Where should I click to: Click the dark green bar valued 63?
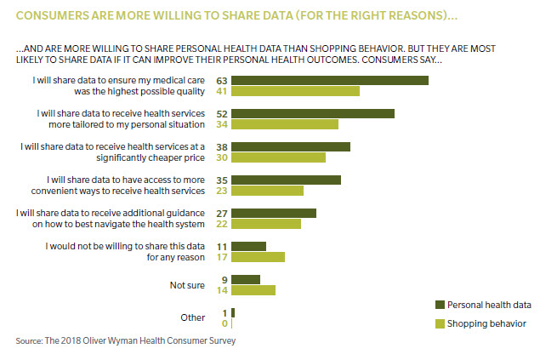point(329,80)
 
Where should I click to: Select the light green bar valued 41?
point(295,91)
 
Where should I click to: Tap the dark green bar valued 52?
point(312,113)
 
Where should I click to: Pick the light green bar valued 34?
point(284,124)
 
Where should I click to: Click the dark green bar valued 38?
point(290,146)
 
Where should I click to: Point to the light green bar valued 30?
point(278,157)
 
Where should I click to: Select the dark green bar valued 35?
point(286,180)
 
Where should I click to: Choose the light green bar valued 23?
point(267,191)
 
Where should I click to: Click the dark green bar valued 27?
point(273,213)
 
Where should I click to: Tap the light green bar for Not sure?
point(253,290)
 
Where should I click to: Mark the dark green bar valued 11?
point(248,246)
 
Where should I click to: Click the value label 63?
point(219,80)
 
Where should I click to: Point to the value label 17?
point(219,257)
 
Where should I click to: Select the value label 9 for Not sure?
point(222,279)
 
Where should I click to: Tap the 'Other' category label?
point(193,317)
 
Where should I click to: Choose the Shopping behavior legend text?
point(487,323)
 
